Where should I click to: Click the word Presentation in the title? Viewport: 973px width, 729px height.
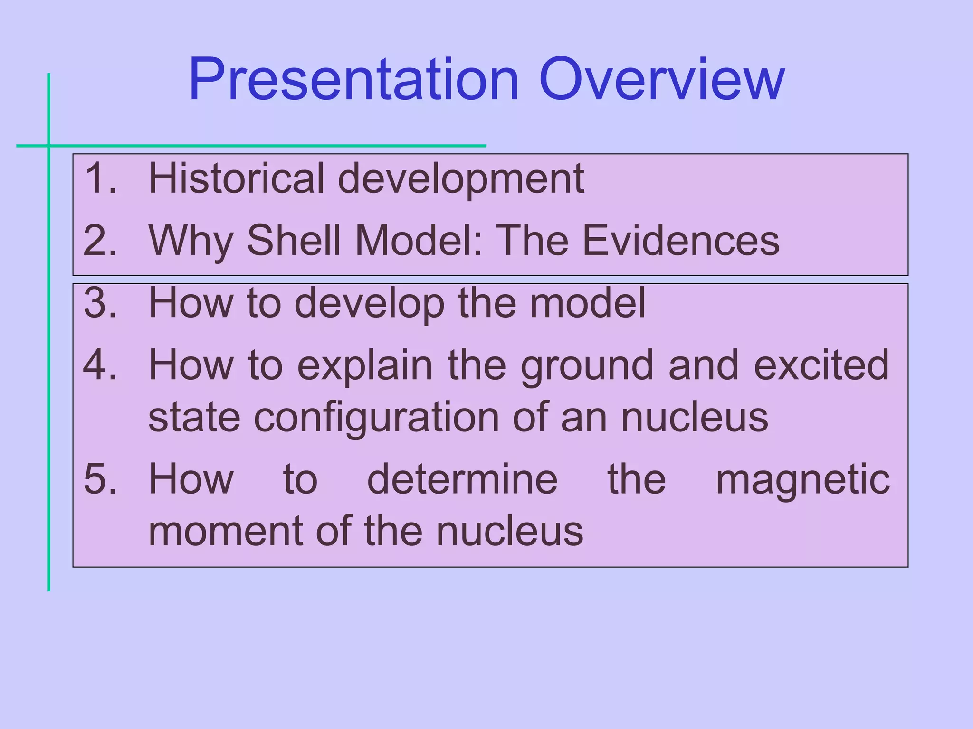tap(353, 80)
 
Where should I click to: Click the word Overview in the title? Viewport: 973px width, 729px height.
tap(661, 80)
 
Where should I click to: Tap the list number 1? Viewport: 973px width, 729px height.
tap(100, 178)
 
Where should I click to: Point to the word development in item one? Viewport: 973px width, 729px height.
tap(461, 179)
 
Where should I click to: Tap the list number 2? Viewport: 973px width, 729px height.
tap(100, 241)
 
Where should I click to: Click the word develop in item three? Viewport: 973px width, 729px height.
tap(369, 304)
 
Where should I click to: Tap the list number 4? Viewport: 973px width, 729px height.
tap(100, 365)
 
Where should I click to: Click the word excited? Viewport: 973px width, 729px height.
tap(821, 365)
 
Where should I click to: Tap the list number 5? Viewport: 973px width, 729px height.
tap(100, 479)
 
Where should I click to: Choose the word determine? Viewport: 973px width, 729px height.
tap(462, 479)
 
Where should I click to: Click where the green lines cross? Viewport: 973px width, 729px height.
tap(48, 146)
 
